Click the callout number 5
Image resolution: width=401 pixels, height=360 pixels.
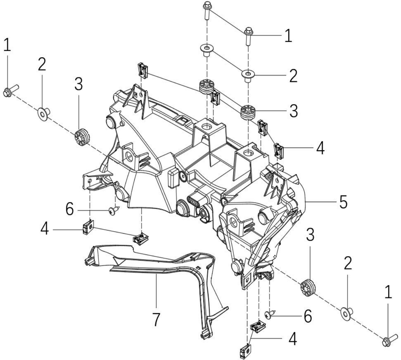tap(343, 202)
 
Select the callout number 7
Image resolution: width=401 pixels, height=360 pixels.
tap(156, 319)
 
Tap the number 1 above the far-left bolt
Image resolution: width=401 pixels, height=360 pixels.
tap(7, 45)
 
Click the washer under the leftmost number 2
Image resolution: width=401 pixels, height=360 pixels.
tap(44, 114)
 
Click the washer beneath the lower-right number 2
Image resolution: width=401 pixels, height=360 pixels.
tap(347, 313)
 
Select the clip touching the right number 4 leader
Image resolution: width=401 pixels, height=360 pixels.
tap(279, 151)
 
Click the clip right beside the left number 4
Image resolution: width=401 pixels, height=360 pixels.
tap(88, 227)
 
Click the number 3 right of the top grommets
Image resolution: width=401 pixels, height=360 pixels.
tap(293, 111)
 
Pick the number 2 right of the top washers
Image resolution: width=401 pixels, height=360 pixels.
tap(293, 76)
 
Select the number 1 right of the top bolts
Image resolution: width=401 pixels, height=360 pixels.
tap(288, 35)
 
